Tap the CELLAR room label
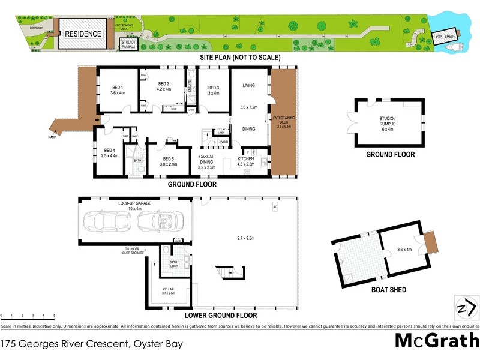pos(167,289)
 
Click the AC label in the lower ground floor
pos(275,207)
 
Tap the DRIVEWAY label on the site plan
pos(38,27)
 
